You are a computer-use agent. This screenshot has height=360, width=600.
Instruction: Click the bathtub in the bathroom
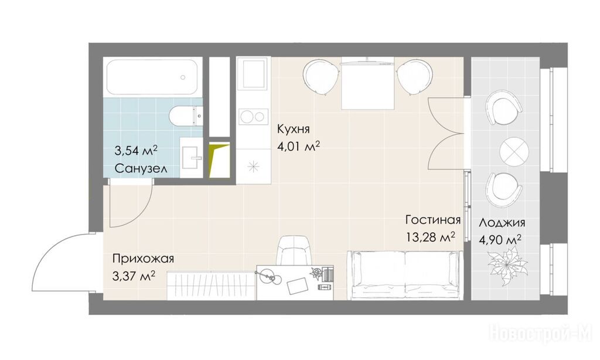click(x=152, y=77)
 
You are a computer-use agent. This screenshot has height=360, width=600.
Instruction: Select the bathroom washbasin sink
click(x=191, y=157)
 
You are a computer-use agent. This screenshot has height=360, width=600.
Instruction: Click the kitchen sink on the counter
click(x=253, y=77)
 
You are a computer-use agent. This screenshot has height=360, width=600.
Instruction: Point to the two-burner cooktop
click(x=253, y=117)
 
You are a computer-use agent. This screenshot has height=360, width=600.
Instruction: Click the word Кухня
click(x=294, y=130)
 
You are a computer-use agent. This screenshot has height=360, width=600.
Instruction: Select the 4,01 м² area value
click(x=298, y=147)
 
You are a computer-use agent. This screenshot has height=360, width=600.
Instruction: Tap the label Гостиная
click(x=433, y=220)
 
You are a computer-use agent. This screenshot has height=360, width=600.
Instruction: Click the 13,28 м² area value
click(x=431, y=237)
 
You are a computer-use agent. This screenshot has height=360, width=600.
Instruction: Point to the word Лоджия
click(x=502, y=223)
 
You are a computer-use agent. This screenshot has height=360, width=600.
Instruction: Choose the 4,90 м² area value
click(x=500, y=240)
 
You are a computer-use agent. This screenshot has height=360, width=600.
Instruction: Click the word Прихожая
click(x=143, y=259)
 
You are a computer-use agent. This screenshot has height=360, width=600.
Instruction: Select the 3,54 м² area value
click(x=136, y=151)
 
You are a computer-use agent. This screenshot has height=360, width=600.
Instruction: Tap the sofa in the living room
click(x=405, y=274)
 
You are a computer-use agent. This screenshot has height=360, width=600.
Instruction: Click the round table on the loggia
click(x=514, y=151)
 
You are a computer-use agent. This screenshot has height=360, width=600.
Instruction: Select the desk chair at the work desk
click(x=295, y=250)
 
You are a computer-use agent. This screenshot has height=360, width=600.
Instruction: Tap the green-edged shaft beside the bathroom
click(x=219, y=160)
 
